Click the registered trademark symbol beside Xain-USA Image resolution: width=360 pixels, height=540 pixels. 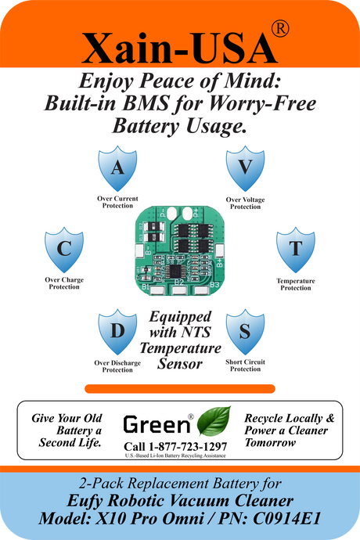[280, 29]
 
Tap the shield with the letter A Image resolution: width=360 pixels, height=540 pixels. [117, 168]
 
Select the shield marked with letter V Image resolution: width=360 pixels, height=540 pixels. [245, 168]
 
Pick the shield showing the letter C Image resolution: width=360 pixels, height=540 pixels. [64, 250]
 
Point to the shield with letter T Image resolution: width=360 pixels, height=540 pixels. [296, 250]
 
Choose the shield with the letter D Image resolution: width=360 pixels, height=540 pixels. [117, 332]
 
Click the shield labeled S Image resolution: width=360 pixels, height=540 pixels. [245, 332]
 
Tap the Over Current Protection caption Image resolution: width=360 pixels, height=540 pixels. [117, 202]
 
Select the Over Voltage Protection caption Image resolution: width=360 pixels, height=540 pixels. [245, 203]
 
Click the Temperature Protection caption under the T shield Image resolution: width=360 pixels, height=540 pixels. [296, 284]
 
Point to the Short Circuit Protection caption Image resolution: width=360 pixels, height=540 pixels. [245, 365]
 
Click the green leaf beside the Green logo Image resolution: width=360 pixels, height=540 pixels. [214, 421]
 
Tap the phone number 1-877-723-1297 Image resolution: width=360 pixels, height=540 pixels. [188, 447]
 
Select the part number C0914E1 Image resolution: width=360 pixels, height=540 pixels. [286, 519]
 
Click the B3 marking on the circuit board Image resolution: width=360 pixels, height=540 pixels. [214, 285]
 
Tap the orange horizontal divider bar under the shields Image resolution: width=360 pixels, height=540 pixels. [180, 389]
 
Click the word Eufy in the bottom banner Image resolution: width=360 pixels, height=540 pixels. [85, 502]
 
